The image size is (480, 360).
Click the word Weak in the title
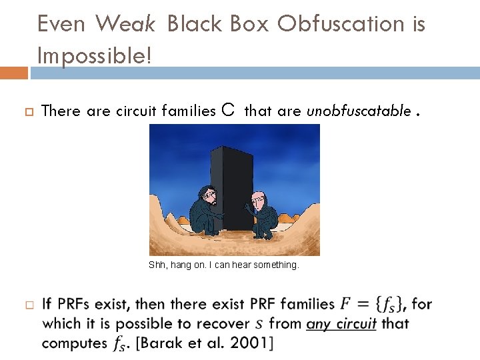(x=125, y=24)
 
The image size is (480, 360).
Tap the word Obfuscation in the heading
(x=340, y=24)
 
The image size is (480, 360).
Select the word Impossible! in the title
(x=95, y=56)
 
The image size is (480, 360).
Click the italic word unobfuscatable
(x=359, y=111)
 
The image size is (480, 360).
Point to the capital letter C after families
(x=227, y=111)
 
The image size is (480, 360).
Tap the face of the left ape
(x=207, y=197)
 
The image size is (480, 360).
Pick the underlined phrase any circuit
(x=341, y=324)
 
